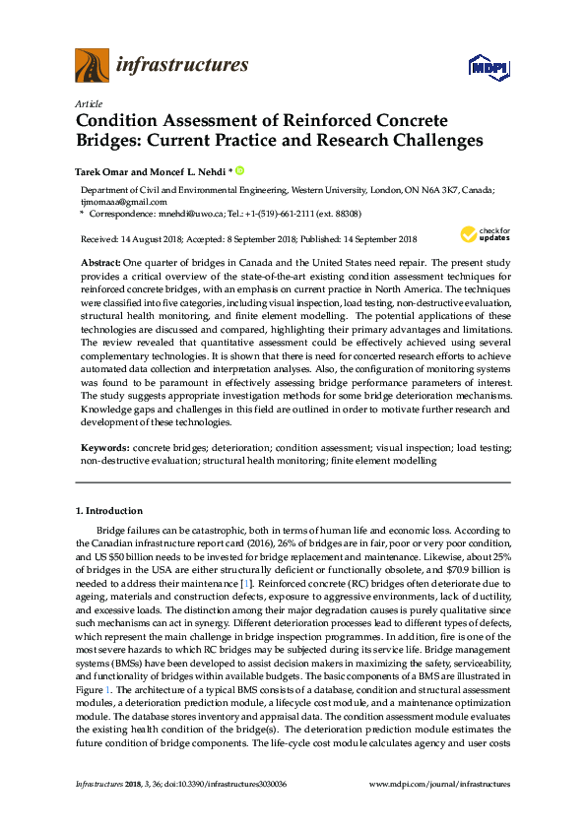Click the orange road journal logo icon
click(92, 66)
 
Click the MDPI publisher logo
click(481, 68)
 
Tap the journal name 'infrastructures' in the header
click(183, 66)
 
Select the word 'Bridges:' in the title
click(118, 140)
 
